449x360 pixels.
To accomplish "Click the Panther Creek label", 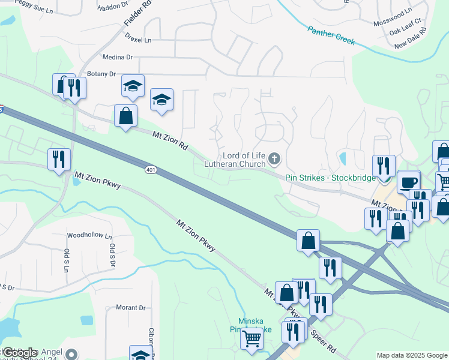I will (x=331, y=35).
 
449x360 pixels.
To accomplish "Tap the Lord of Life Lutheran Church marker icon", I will (x=274, y=159).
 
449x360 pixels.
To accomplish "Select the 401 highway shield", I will (x=151, y=170).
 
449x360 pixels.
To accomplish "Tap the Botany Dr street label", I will (x=101, y=74).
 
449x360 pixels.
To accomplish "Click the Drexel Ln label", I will (x=139, y=40).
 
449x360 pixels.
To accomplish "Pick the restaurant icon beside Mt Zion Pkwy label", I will (x=59, y=159).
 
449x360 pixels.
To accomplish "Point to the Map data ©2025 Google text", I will (x=412, y=355).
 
